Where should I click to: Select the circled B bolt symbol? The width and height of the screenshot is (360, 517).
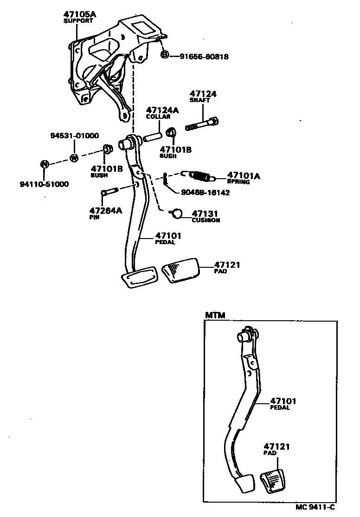[x=165, y=56]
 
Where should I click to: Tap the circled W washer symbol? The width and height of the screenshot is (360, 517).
[x=74, y=158]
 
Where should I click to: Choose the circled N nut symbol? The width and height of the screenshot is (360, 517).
[x=44, y=164]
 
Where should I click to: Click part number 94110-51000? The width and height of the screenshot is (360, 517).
[x=44, y=184]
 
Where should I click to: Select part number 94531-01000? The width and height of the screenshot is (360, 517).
[x=75, y=136]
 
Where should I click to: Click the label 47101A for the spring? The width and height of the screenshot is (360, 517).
[x=244, y=175]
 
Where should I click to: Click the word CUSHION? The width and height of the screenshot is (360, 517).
[x=206, y=220]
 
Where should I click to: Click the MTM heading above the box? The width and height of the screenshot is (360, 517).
[x=215, y=315]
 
